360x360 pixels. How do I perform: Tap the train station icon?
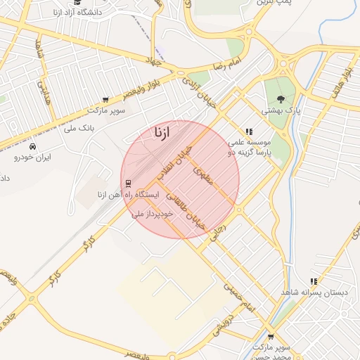(128, 184)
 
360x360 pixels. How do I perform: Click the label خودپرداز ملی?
(153, 212)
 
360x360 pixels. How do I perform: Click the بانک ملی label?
(79, 128)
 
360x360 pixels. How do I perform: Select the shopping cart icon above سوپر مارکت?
(105, 100)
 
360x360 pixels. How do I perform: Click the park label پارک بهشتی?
(281, 110)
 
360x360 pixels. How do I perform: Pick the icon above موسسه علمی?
(249, 131)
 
